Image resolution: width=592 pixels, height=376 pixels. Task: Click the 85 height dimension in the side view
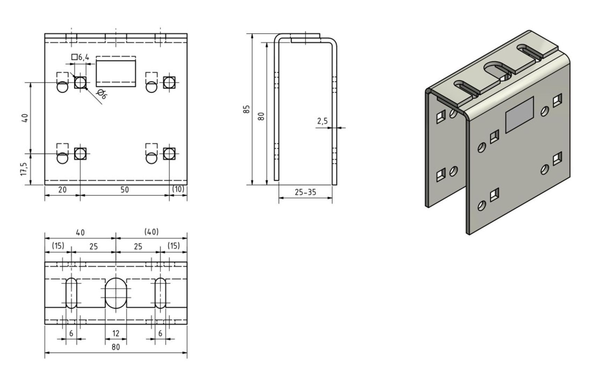point(246,109)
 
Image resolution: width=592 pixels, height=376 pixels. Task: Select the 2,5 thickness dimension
point(322,121)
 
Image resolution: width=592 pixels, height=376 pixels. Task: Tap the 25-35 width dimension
point(305,192)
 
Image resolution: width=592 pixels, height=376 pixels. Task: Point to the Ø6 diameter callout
point(102,94)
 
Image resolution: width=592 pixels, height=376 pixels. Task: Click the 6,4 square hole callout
point(80,57)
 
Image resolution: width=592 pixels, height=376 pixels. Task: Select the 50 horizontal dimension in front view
point(124,190)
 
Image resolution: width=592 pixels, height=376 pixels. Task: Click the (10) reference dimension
point(178,189)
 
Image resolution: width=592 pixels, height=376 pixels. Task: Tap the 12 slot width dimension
point(116,334)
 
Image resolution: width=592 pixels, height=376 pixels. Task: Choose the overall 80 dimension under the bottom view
point(116,347)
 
